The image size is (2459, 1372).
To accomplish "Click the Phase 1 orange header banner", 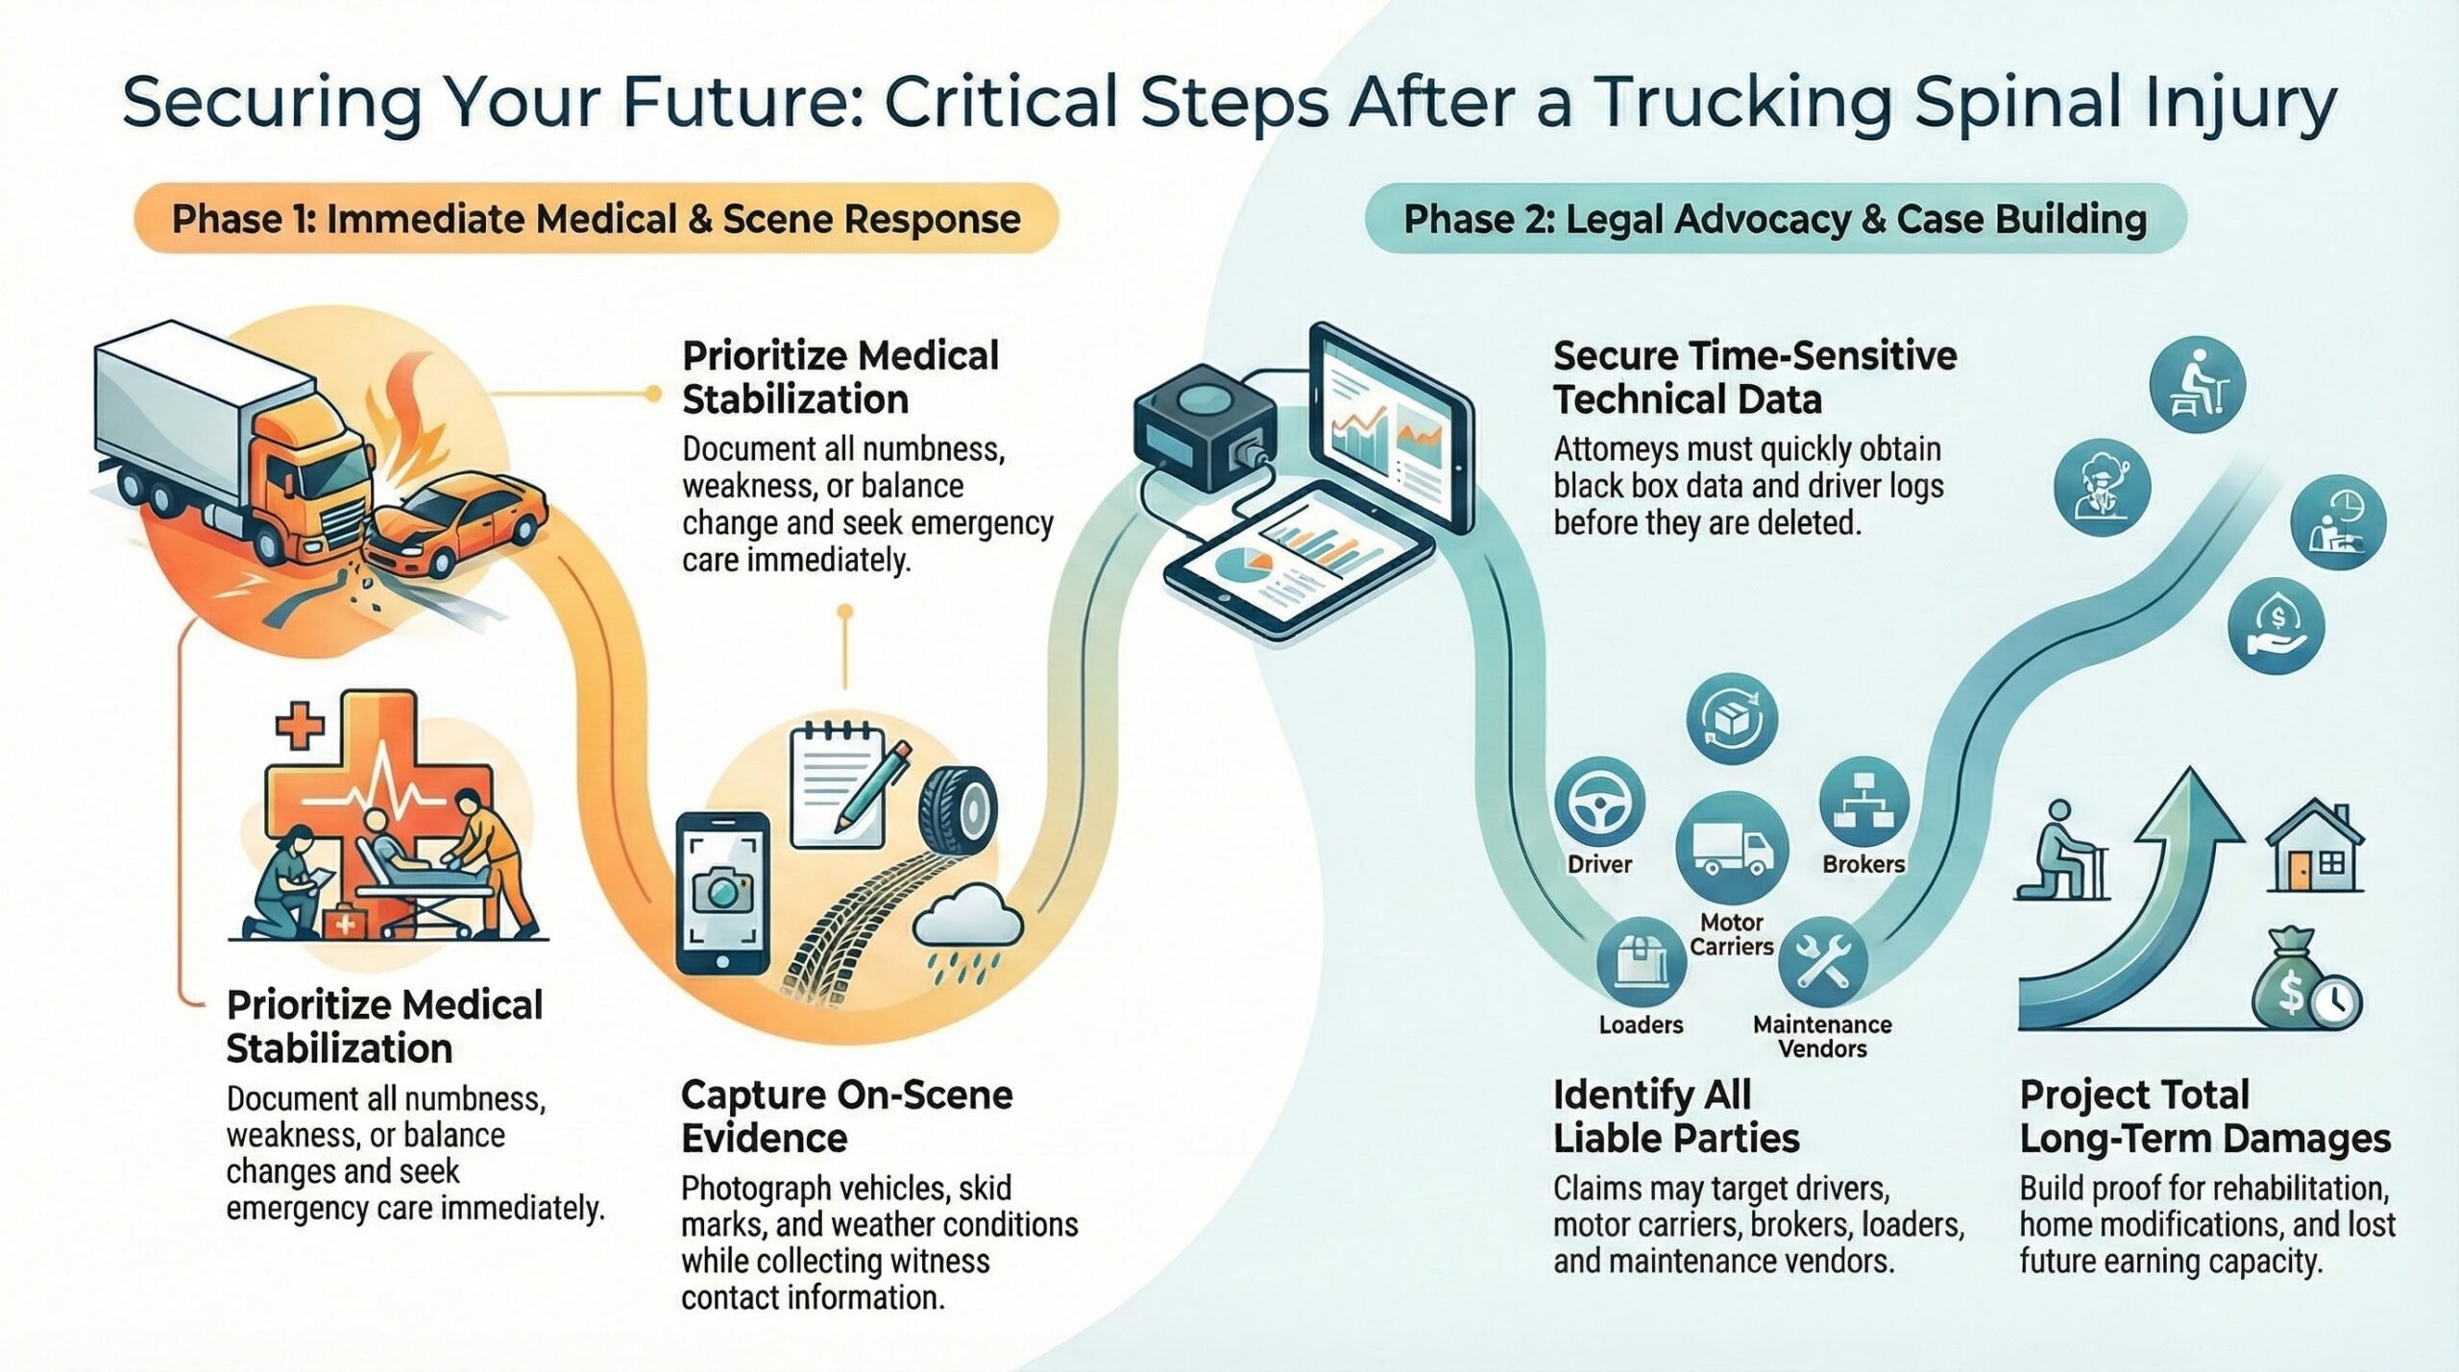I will [596, 219].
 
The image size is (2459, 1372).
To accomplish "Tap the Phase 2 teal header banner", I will [1775, 219].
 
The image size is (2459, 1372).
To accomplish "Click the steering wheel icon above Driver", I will [1598, 802].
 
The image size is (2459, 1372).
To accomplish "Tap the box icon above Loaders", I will [1641, 961].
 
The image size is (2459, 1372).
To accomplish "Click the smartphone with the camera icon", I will [723, 893].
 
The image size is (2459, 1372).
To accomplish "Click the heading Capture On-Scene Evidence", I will [845, 1117].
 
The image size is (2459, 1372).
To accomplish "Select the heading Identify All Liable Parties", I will [1675, 1117].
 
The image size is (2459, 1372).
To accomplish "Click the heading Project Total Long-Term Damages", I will [2204, 1117].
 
